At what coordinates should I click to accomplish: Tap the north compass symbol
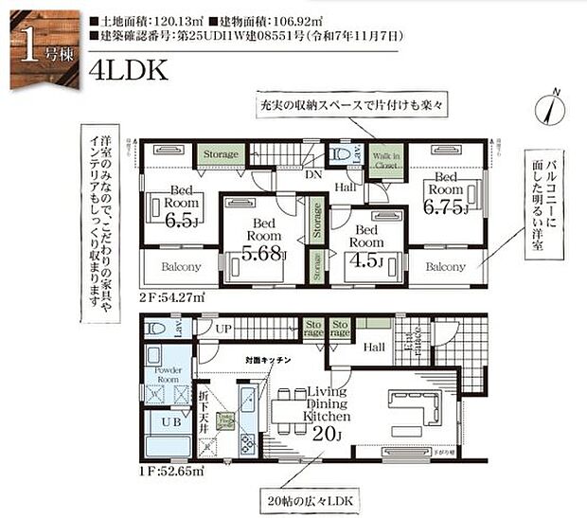pyautogui.click(x=549, y=107)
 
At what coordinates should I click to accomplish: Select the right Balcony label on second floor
pyautogui.click(x=444, y=267)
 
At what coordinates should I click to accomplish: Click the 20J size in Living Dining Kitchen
pyautogui.click(x=325, y=435)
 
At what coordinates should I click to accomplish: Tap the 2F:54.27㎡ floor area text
pyautogui.click(x=169, y=296)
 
